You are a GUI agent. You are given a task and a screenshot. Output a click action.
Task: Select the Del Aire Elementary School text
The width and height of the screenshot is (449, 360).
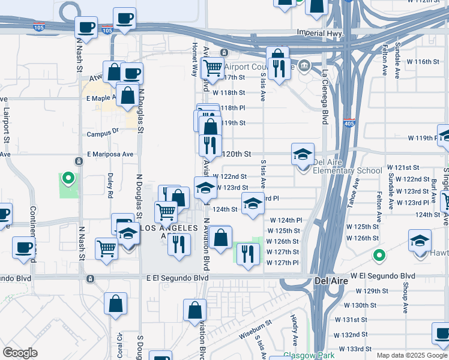[x=348, y=170]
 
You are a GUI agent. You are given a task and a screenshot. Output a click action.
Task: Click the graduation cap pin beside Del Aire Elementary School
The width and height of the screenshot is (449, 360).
[x=303, y=155]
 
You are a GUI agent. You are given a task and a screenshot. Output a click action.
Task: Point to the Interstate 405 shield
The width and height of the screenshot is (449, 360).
[x=349, y=123]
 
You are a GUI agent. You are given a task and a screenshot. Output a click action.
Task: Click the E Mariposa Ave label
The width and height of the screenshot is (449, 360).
[x=110, y=154]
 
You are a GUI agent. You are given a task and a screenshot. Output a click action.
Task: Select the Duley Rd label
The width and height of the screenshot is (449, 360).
[x=110, y=186]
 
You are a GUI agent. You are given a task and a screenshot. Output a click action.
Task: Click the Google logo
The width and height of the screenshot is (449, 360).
[x=20, y=352]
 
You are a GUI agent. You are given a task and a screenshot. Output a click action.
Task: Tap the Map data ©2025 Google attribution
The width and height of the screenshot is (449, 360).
[x=412, y=355]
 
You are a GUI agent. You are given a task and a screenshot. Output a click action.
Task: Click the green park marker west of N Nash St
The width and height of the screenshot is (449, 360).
[x=68, y=178]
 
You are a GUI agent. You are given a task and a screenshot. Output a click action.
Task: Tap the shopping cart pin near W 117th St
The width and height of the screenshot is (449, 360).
[x=212, y=67]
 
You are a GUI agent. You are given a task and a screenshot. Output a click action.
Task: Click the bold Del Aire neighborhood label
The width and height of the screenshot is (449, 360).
[x=330, y=280]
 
